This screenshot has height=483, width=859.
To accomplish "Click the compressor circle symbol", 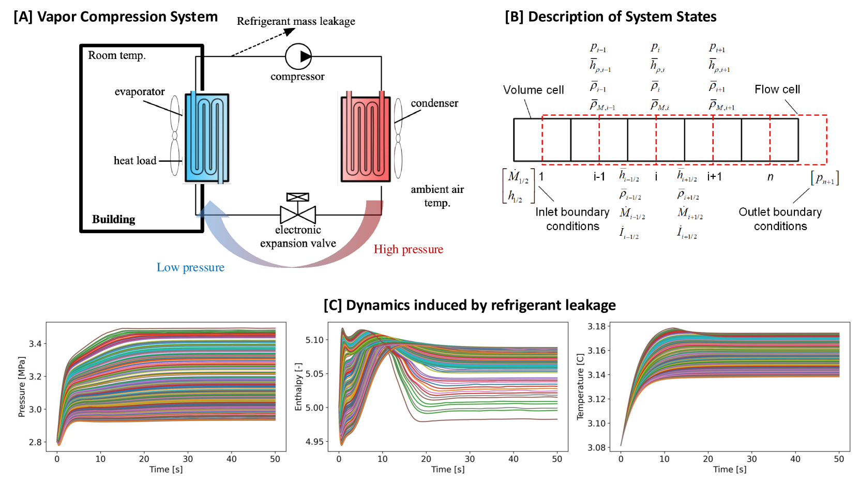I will (x=298, y=56).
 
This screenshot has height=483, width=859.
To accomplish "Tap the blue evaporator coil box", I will (x=207, y=138).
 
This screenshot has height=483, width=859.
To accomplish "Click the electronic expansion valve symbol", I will (x=298, y=211).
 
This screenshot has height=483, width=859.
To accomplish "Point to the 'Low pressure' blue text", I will (x=190, y=267).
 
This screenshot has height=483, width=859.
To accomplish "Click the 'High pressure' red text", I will (x=408, y=249).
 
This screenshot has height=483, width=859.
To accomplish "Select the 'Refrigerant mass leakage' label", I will (x=296, y=21).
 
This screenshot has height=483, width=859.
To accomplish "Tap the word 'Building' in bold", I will (x=113, y=219).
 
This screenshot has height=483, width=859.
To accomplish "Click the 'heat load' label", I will (x=135, y=160).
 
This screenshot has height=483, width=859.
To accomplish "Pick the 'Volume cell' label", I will (x=533, y=90).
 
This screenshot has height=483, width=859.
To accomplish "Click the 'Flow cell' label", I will (x=777, y=89).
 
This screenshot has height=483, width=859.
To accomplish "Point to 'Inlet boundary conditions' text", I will (x=572, y=219).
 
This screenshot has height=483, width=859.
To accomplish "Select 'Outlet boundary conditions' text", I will (x=780, y=219).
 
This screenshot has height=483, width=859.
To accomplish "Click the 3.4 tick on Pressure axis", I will (x=35, y=343).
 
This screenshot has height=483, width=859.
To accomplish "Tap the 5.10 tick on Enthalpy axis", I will (x=314, y=340).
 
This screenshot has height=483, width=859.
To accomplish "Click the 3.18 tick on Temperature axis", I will (x=596, y=326).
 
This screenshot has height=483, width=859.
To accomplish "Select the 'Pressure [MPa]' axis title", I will (x=22, y=387).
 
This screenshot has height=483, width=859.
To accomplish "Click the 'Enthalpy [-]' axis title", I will (x=298, y=387).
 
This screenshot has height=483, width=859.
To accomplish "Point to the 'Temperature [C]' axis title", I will (x=580, y=387).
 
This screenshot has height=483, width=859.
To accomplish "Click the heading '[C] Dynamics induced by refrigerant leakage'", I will (x=470, y=305).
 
